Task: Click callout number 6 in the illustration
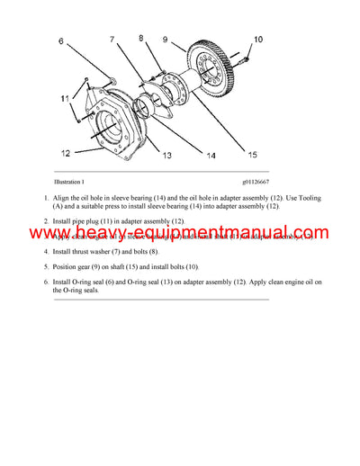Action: click(x=62, y=41)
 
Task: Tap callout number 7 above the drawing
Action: click(x=112, y=40)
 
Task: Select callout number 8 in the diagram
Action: click(x=141, y=38)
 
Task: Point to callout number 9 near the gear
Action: click(x=165, y=39)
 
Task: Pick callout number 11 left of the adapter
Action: click(x=63, y=97)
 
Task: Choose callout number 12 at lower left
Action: click(x=67, y=151)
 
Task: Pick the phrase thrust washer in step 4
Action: click(x=103, y=253)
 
